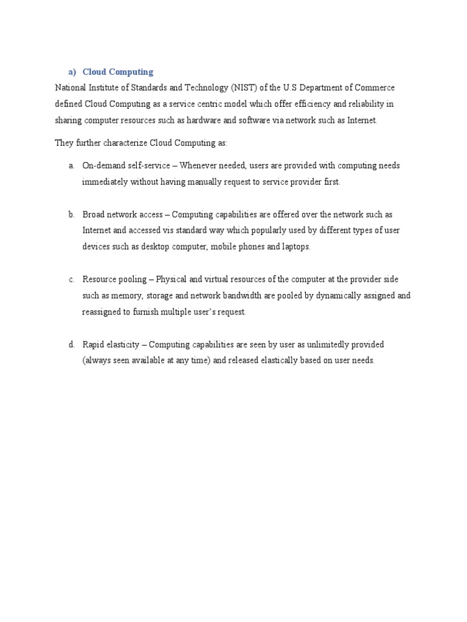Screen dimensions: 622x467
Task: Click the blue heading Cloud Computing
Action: [118, 72]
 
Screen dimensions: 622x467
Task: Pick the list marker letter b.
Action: [71, 214]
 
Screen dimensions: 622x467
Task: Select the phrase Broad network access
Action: [123, 214]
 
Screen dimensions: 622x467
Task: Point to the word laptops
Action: [296, 247]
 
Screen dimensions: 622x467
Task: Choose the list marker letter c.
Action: [71, 279]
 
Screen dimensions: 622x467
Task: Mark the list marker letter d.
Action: [71, 344]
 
